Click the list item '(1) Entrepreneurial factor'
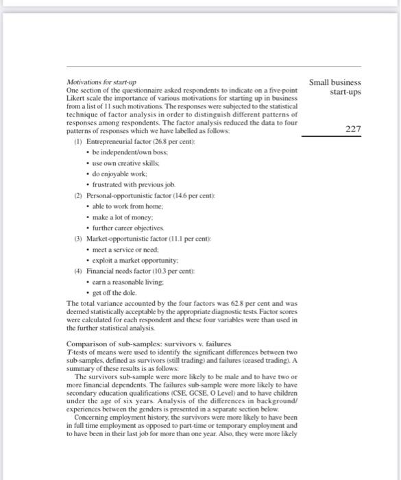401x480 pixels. click(x=125, y=141)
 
